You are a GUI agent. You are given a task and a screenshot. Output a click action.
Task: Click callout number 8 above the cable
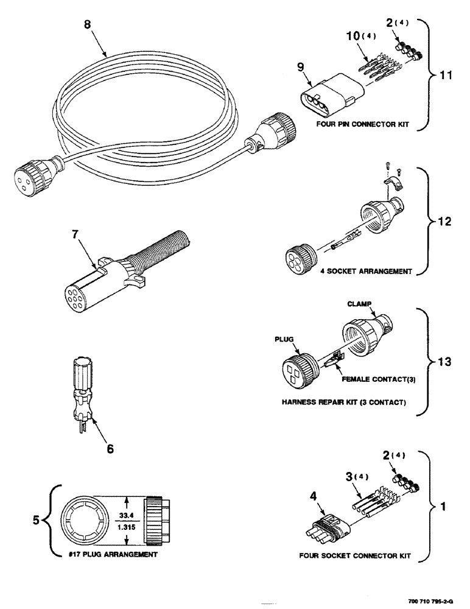(87, 26)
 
